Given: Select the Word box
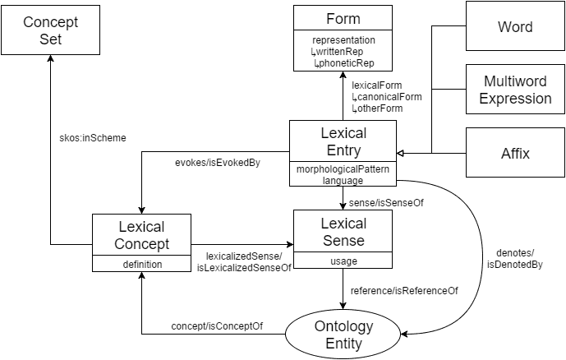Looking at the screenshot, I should (x=515, y=27).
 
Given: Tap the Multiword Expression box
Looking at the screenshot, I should (x=515, y=90).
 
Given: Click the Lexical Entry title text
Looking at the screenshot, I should (x=343, y=141).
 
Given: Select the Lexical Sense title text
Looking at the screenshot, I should (x=343, y=233).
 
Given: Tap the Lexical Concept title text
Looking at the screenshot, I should (x=141, y=235).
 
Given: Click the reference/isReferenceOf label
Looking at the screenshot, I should (x=404, y=290).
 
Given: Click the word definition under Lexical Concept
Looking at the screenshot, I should (x=141, y=265).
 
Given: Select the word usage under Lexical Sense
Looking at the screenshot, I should (x=343, y=261).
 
